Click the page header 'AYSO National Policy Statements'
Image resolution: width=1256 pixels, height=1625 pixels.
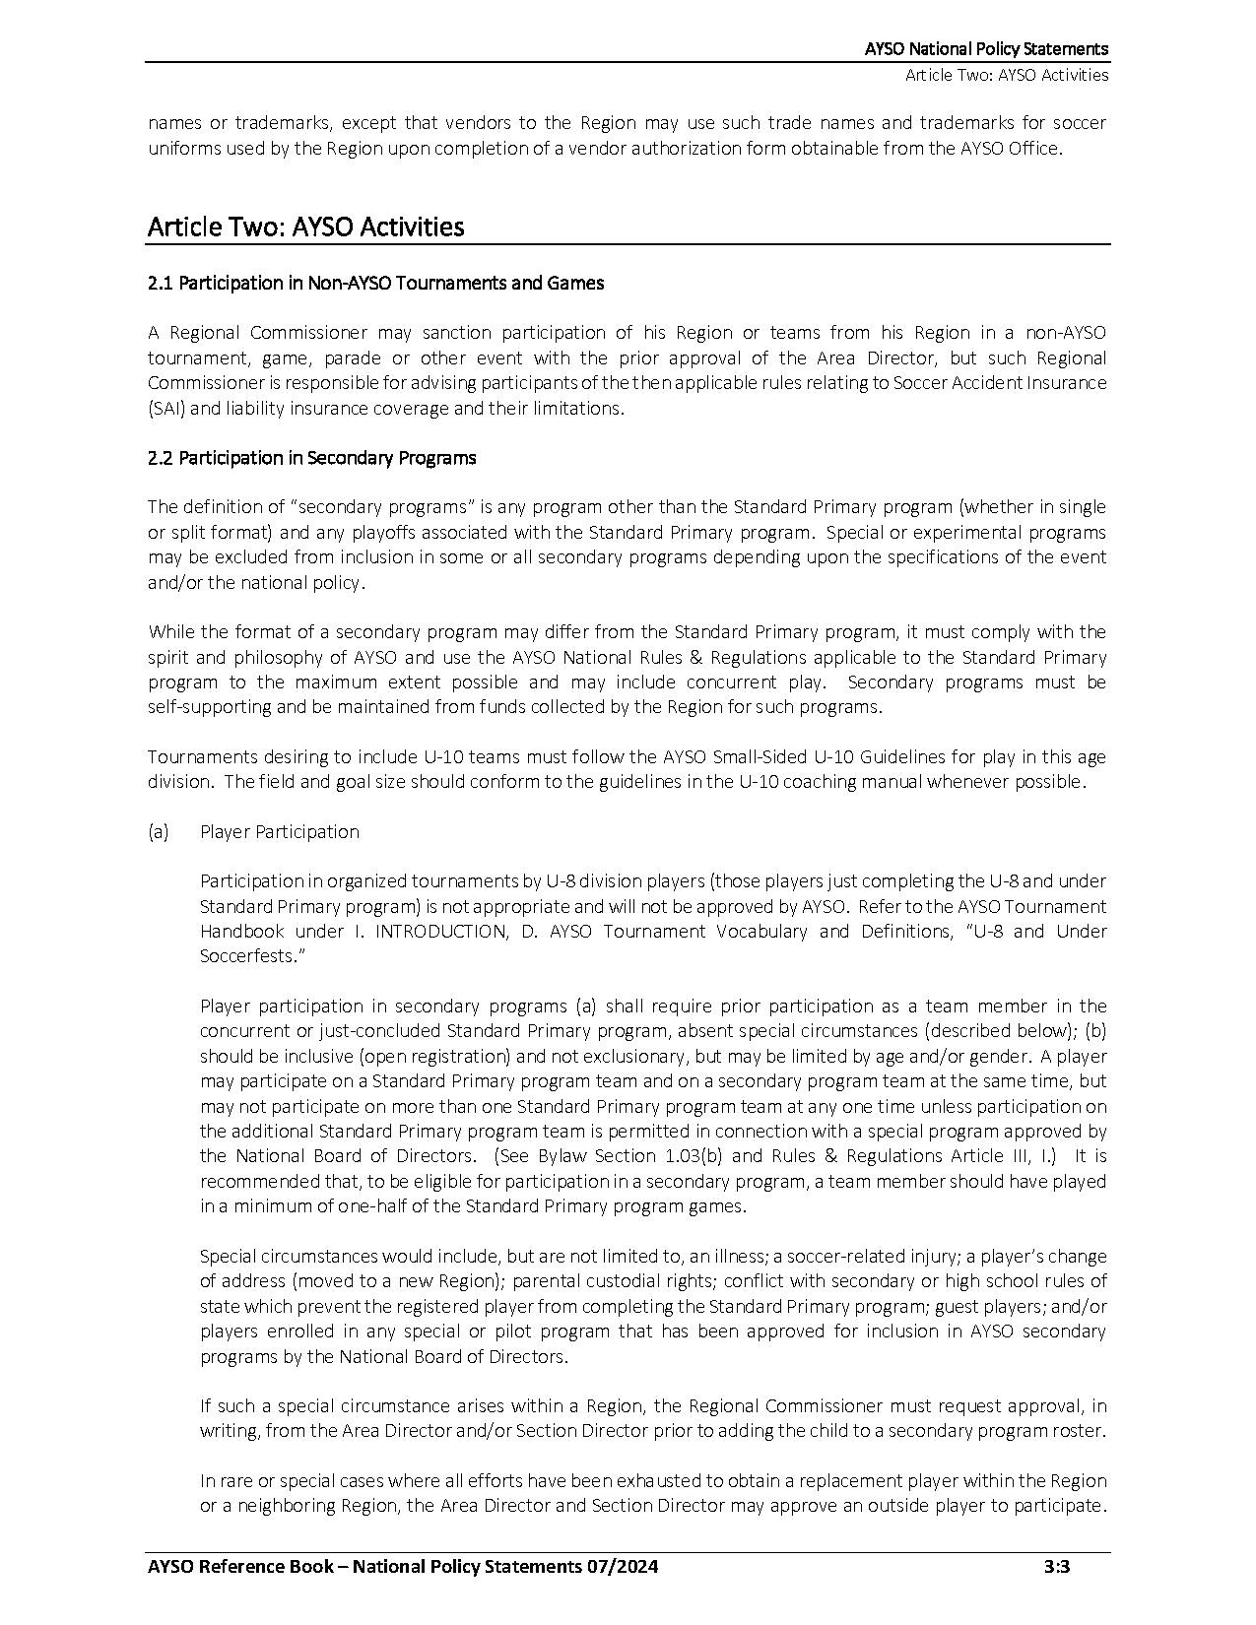click(986, 48)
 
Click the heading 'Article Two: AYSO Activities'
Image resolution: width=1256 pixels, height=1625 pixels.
click(305, 227)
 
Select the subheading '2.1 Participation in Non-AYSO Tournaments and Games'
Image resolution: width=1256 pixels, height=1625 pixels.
click(375, 284)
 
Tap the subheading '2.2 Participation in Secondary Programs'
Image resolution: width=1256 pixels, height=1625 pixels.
click(311, 458)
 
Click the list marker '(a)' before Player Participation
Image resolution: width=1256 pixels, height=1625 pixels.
click(158, 832)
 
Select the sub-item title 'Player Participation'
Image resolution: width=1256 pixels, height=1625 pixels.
click(279, 832)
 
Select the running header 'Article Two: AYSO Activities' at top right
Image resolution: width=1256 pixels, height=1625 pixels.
click(1007, 76)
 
